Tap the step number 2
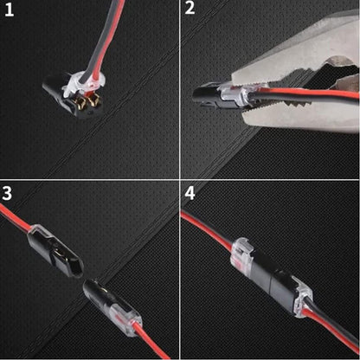(190, 11)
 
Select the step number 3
(10, 192)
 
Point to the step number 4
(190, 192)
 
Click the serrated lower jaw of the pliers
(294, 112)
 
